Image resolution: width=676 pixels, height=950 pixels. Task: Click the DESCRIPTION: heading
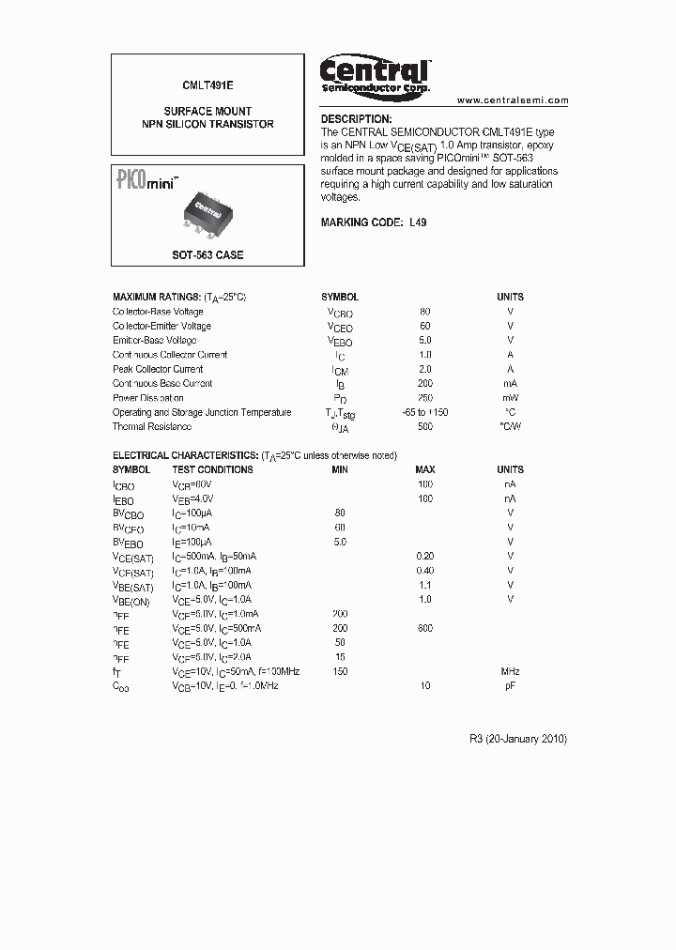point(356,119)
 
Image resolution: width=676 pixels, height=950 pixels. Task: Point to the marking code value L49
point(418,222)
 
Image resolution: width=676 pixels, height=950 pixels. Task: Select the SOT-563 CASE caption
point(207,254)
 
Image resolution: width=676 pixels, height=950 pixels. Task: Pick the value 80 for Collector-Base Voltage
point(425,312)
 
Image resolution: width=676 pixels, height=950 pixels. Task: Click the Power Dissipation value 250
point(425,398)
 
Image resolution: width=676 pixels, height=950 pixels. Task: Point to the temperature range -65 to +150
point(425,412)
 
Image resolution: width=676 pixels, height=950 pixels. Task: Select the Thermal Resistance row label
point(152,427)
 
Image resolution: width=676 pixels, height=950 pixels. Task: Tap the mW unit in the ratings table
point(510,398)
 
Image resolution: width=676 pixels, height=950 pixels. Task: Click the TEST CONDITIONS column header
point(212,469)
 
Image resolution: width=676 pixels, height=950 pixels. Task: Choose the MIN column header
point(340,469)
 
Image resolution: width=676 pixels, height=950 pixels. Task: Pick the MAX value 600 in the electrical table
point(425,628)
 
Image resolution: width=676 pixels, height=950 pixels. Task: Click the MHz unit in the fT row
point(510,671)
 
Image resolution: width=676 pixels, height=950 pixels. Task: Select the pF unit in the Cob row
point(510,686)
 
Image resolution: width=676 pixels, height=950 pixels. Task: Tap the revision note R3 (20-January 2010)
point(517,739)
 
